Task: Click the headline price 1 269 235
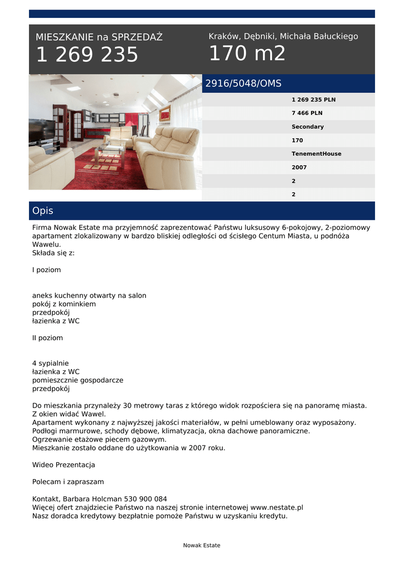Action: click(87, 55)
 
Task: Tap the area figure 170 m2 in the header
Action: click(247, 54)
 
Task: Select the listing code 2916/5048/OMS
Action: click(244, 84)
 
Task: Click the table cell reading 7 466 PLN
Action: click(306, 113)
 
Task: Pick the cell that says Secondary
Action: click(308, 127)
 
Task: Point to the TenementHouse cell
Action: click(316, 154)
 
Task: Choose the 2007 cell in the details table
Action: click(299, 167)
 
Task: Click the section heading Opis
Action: click(43, 211)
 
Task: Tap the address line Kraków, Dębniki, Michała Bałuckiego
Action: click(283, 36)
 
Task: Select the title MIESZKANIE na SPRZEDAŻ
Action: click(99, 37)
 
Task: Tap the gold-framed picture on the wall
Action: click(164, 113)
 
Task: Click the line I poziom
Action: click(47, 270)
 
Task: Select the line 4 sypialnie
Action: click(50, 363)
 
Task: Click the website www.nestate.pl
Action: click(276, 507)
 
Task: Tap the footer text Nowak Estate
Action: click(202, 545)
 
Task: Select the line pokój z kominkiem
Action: click(64, 304)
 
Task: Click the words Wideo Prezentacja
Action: click(64, 464)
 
